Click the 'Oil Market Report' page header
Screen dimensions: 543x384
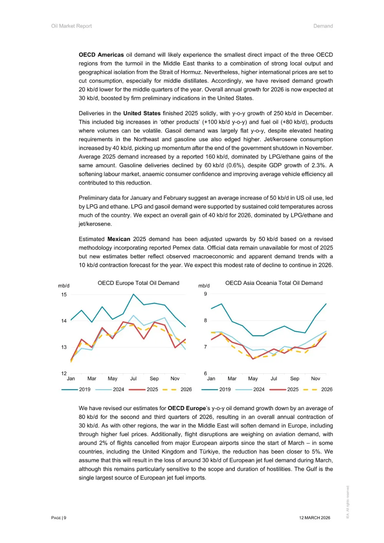pos(71,26)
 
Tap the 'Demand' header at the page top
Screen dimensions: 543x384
pos(323,26)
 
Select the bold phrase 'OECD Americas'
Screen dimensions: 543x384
pos(101,55)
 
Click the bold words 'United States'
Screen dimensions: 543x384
pos(142,113)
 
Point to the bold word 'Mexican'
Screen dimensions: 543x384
pos(119,239)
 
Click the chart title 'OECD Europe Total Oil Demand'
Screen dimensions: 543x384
pos(138,283)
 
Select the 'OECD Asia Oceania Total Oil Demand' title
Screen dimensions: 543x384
pos(274,283)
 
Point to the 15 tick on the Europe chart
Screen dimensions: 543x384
pos(64,295)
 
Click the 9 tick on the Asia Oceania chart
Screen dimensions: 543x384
pos(205,294)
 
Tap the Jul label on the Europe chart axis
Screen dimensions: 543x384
pos(133,379)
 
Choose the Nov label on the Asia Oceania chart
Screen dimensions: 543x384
pos(316,379)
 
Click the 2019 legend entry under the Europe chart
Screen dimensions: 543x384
pos(84,389)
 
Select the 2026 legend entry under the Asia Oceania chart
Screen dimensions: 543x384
pos(326,389)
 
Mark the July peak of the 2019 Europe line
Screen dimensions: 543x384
pos(133,294)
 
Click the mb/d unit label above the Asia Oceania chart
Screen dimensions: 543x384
pos(204,286)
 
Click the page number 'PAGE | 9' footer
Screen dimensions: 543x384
pos(59,518)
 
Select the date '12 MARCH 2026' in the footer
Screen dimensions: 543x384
pos(314,518)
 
